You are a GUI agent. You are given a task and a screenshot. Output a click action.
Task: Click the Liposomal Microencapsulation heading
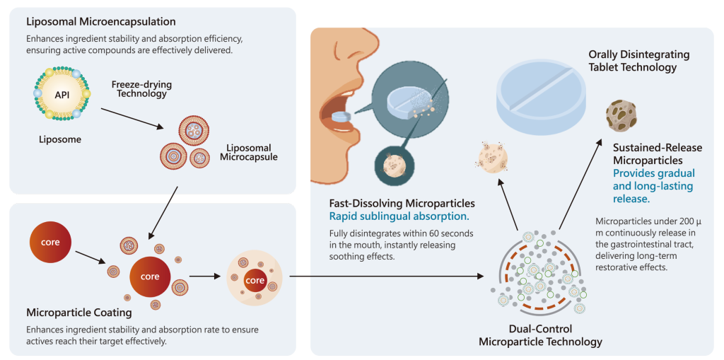click(x=100, y=22)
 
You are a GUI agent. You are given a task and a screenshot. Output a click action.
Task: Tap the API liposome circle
click(x=62, y=94)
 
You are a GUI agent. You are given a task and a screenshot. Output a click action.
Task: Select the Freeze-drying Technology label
click(x=141, y=89)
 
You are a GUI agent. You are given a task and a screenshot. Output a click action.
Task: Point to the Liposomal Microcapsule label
click(x=251, y=152)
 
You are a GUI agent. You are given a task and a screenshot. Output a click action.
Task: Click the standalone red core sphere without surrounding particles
click(x=50, y=243)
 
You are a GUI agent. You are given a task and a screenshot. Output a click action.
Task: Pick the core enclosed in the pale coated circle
click(x=255, y=279)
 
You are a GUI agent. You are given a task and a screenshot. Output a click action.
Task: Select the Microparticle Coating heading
click(x=78, y=312)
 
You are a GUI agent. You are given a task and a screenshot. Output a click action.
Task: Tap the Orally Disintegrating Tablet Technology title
click(x=638, y=61)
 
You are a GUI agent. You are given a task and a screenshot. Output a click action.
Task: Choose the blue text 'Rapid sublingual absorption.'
click(x=399, y=216)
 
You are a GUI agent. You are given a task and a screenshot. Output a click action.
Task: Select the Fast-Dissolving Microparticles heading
click(x=402, y=204)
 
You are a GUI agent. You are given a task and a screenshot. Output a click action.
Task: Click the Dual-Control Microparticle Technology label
click(x=540, y=335)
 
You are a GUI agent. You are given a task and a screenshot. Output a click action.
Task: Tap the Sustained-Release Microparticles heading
click(x=658, y=153)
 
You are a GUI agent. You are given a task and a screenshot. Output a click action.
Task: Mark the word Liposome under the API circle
click(x=59, y=140)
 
